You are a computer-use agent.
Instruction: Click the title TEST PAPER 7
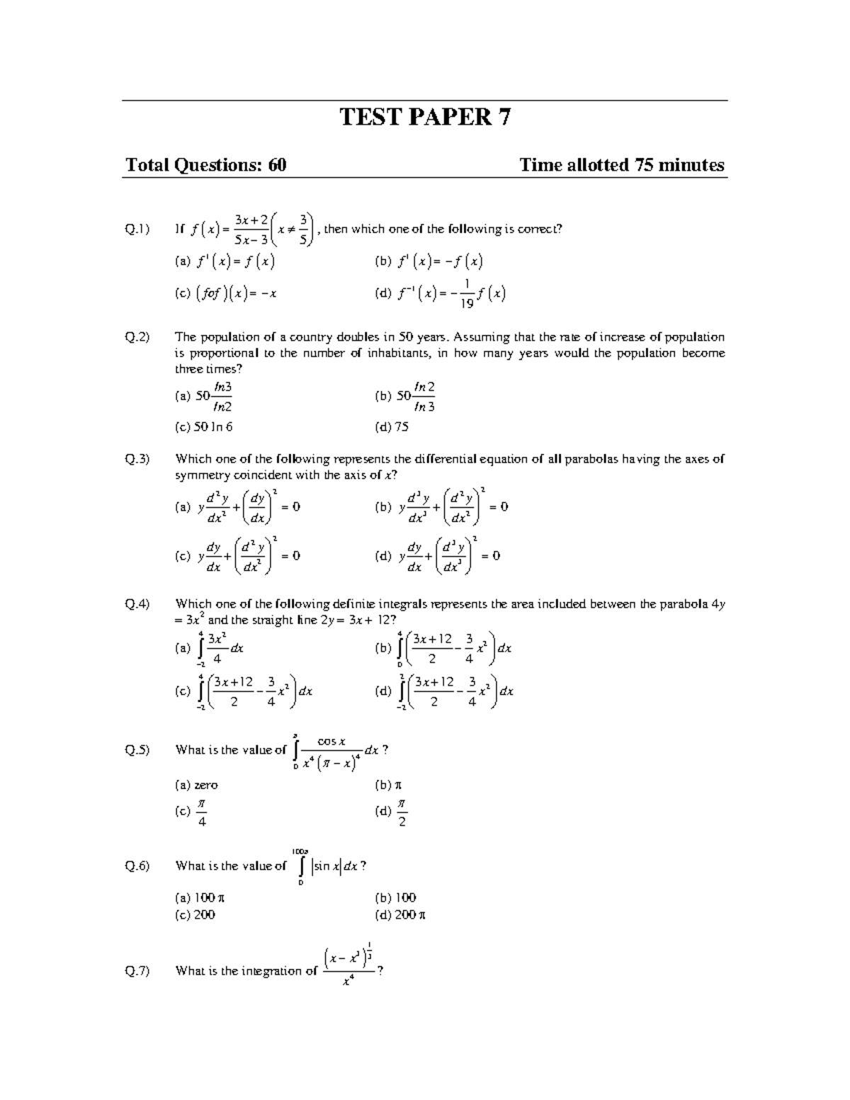pos(425,117)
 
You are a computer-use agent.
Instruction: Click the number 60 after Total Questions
pos(277,165)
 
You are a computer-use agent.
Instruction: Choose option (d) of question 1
pos(440,294)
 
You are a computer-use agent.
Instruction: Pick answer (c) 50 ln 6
pos(203,427)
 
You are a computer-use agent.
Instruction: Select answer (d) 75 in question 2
pos(392,427)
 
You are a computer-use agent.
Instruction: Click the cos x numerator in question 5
pos(331,742)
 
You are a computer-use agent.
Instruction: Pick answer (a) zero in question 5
pos(196,785)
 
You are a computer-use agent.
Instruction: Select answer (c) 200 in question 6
pos(195,914)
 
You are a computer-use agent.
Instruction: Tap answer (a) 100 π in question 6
pos(200,897)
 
